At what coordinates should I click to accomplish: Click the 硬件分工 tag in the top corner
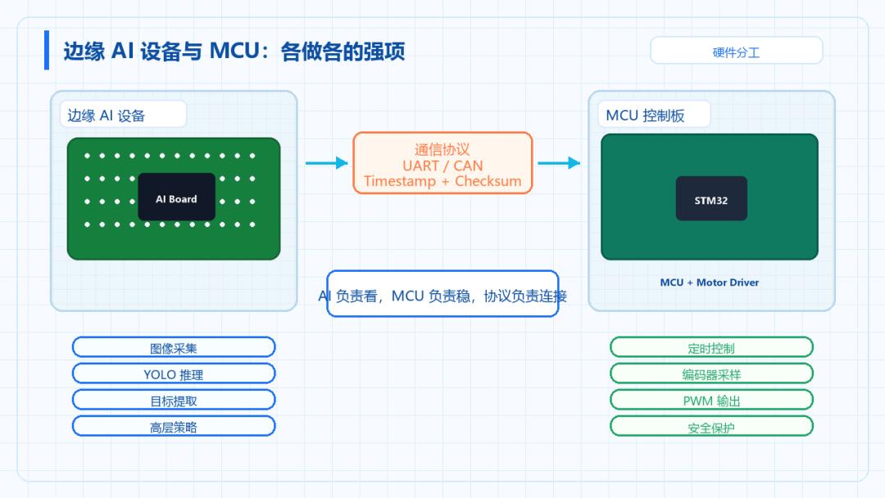[x=736, y=51]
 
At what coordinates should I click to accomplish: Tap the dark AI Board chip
[x=177, y=197]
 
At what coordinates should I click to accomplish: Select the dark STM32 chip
[x=711, y=198]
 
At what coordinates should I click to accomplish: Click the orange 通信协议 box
[x=442, y=163]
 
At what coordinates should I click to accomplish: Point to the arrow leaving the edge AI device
[x=327, y=163]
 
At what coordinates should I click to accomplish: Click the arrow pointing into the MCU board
[x=559, y=163]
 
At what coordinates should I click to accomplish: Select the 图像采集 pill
[x=174, y=346]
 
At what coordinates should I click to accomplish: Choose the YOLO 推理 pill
[x=174, y=373]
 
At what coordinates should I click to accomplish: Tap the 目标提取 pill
[x=174, y=400]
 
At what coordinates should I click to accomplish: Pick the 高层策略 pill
[x=174, y=426]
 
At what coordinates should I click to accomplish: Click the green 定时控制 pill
[x=711, y=346]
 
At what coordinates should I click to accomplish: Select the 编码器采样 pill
[x=711, y=373]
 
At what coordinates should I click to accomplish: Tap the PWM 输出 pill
[x=711, y=400]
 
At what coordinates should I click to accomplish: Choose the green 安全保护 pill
[x=711, y=426]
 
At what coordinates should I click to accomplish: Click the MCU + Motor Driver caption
[x=710, y=283]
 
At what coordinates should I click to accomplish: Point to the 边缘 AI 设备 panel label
[x=123, y=115]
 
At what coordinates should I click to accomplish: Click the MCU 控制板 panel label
[x=654, y=115]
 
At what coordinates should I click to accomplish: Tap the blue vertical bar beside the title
[x=47, y=50]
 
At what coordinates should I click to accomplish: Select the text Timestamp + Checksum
[x=442, y=181]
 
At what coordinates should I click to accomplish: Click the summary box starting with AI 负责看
[x=442, y=294]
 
